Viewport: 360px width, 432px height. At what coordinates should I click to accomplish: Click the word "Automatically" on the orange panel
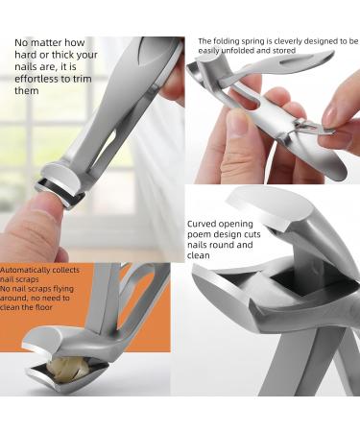coord(30,271)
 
